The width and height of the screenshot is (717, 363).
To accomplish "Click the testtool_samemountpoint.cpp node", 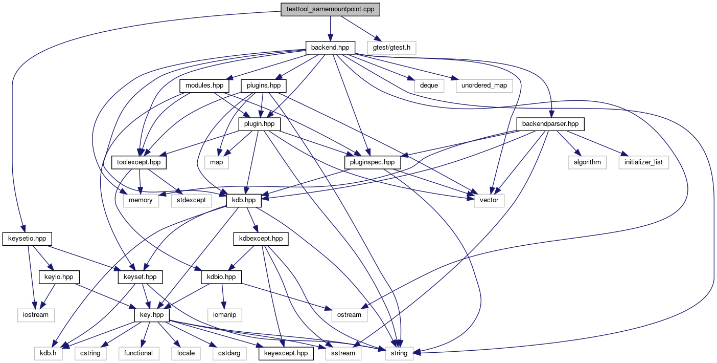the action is pos(330,9).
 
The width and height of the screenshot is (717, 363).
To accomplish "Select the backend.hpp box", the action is pos(330,48).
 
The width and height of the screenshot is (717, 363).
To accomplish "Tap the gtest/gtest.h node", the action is pos(391,48).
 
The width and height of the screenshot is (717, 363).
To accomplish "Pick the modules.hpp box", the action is pos(204,86).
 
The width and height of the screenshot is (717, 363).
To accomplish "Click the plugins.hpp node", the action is pos(263,86).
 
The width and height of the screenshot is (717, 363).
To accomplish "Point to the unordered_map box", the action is pos(484,86).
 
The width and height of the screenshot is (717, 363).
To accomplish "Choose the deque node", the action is pos(429,86).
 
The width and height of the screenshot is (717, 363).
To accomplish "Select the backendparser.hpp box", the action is pos(550,124).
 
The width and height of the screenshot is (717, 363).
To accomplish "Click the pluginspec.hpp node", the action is pos(373,162).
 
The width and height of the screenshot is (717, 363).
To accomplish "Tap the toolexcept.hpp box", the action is pos(139,162).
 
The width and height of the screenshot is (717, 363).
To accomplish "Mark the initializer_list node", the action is pos(644,162).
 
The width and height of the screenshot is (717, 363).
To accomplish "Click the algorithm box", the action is pos(587,162).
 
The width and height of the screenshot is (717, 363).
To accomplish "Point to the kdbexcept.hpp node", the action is pos(261,239).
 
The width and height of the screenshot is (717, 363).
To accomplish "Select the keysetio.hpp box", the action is pos(27,239).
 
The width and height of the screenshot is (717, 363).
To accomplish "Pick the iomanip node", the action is pos(225,315).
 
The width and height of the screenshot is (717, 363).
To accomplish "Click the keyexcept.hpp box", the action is pos(286,353).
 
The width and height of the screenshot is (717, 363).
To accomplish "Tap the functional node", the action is pos(138,353).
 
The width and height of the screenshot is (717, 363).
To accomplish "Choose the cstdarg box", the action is pos(229,353).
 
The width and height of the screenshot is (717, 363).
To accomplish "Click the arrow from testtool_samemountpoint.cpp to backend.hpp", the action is pos(330,29).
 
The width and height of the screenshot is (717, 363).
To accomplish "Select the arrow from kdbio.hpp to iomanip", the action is pos(223,296).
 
